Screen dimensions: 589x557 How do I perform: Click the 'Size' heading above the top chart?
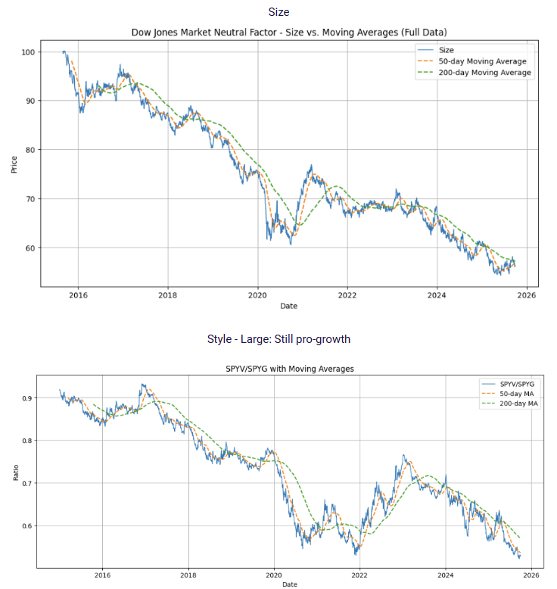[278, 12]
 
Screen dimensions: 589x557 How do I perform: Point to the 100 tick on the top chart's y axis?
[28, 51]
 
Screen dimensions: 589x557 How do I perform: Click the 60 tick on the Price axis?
[30, 248]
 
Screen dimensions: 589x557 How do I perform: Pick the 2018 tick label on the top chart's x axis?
[168, 296]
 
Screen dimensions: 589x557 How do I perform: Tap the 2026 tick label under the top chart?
[527, 296]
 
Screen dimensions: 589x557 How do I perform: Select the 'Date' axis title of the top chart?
[288, 306]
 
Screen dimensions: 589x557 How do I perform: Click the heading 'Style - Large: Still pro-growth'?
[278, 339]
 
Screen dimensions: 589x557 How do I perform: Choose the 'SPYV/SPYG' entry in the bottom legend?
[517, 384]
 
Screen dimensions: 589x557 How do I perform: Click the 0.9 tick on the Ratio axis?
[26, 398]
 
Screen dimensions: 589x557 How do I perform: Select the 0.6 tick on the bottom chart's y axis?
[26, 525]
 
